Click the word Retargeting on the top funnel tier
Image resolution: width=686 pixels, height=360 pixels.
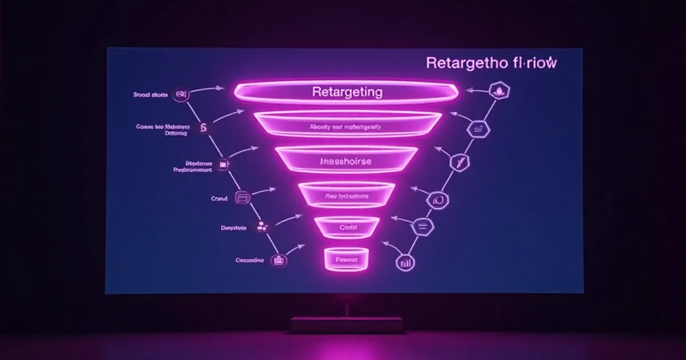pyautogui.click(x=347, y=91)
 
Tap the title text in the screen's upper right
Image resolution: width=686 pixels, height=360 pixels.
pyautogui.click(x=491, y=63)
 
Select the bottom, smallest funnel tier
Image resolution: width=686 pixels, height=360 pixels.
pyautogui.click(x=345, y=259)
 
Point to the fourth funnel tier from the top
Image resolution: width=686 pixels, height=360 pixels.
pyautogui.click(x=346, y=196)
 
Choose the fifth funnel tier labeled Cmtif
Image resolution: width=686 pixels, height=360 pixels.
pyautogui.click(x=347, y=227)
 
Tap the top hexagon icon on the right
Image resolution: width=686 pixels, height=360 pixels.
pyautogui.click(x=500, y=90)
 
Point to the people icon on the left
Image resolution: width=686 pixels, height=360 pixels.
pyautogui.click(x=262, y=227)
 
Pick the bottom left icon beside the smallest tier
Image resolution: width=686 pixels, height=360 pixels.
pyautogui.click(x=280, y=261)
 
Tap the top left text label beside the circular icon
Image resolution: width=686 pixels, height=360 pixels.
pyautogui.click(x=149, y=95)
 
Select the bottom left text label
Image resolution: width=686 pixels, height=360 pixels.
pyautogui.click(x=249, y=261)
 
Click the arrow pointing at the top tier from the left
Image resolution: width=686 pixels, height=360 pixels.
pyautogui.click(x=209, y=89)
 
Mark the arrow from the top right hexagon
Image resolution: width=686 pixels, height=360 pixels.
pyautogui.click(x=477, y=90)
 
